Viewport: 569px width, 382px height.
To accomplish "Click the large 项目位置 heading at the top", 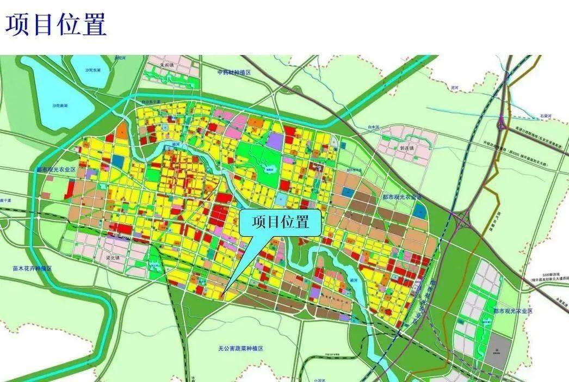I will coord(56,25).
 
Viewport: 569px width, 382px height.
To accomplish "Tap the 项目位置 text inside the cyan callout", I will coord(281,222).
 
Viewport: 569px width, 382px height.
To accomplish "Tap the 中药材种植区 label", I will coord(233,72).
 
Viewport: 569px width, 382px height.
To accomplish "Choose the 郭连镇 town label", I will coord(407,147).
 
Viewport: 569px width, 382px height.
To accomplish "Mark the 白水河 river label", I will coord(373,127).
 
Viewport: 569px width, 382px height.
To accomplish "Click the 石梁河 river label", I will coord(545,116).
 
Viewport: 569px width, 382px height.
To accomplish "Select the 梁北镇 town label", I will coord(115,258).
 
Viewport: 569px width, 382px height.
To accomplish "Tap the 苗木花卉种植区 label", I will coord(32,269).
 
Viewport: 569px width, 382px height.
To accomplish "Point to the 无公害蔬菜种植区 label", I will coord(240,348).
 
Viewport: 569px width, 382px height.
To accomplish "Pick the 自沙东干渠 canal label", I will coord(152,101).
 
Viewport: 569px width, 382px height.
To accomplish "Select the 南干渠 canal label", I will coord(7,200).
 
